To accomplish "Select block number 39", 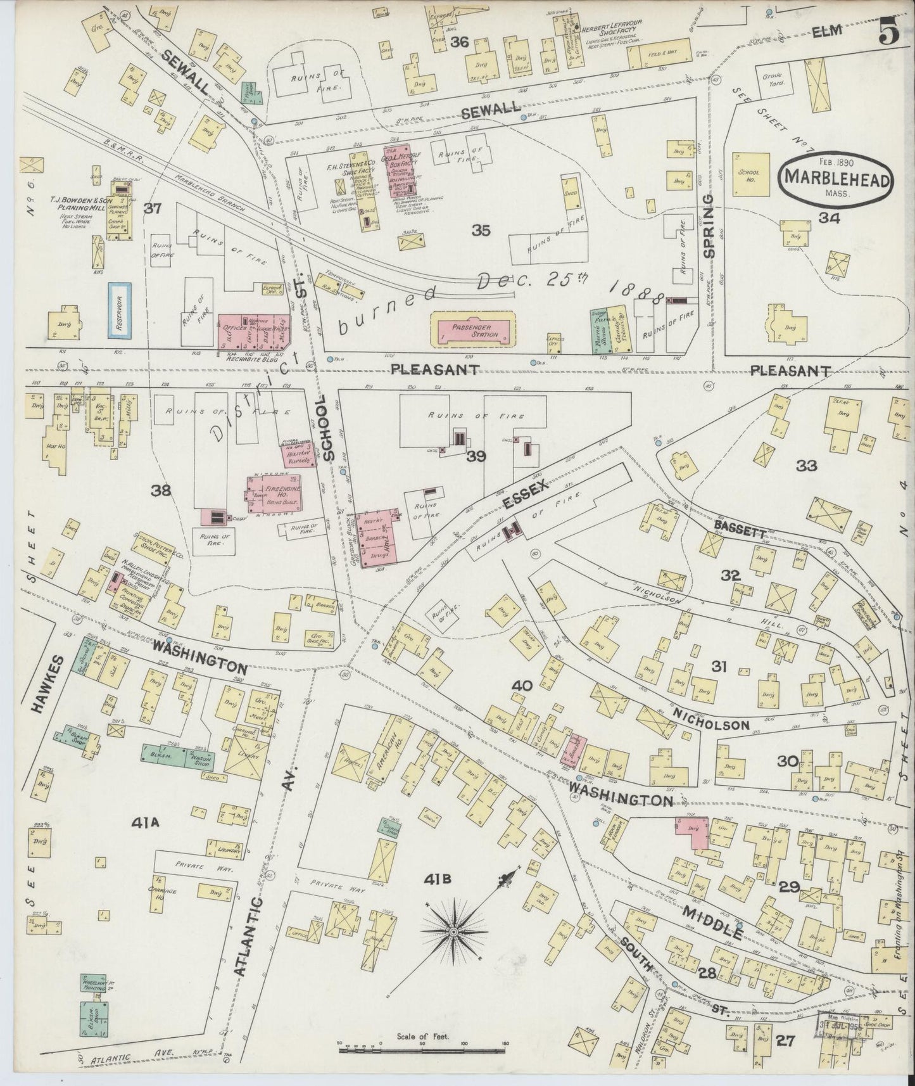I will coord(476,456).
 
